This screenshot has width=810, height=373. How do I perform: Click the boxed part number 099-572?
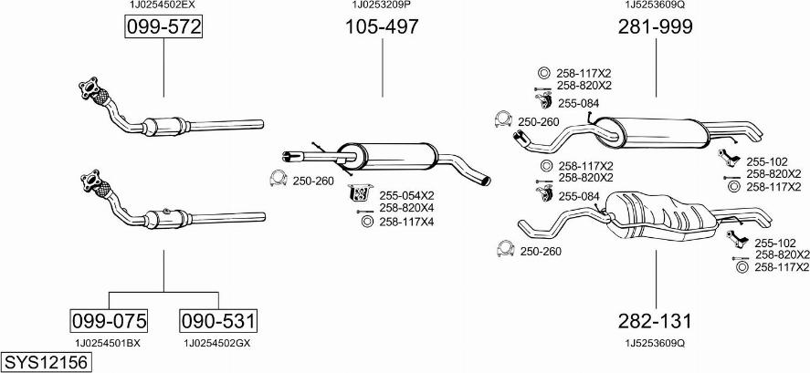[x=163, y=26]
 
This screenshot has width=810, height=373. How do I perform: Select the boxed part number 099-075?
[x=109, y=321]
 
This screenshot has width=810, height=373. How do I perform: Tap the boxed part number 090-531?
[x=218, y=321]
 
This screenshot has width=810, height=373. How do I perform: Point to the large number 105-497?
[x=382, y=26]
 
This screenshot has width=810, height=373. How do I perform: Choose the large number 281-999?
[x=656, y=26]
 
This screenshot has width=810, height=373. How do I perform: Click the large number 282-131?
[x=655, y=321]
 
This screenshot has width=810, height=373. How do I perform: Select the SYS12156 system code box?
[x=46, y=362]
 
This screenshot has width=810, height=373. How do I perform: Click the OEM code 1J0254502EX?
[x=163, y=5]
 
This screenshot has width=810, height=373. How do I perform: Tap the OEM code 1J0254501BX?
[x=108, y=343]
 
